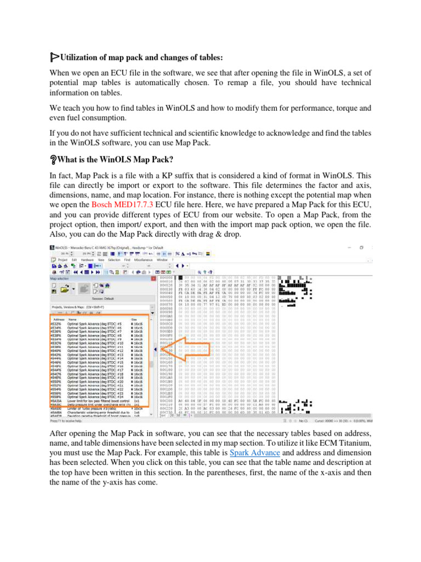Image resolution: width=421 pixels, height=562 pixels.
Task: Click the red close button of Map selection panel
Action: point(150,278)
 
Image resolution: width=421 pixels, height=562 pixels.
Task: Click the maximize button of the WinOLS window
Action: point(360,248)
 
